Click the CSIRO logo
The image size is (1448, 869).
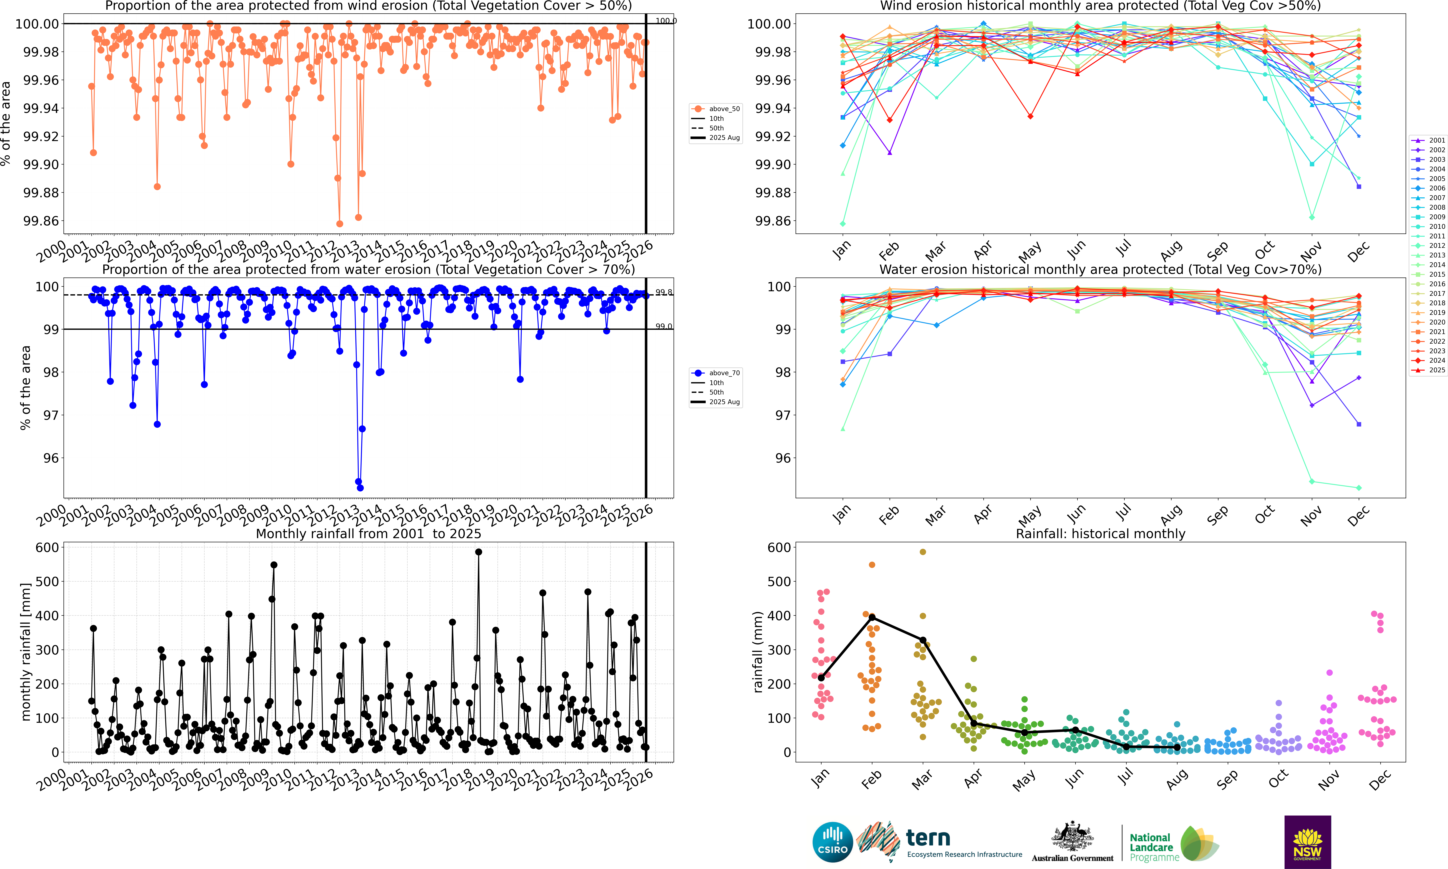click(x=832, y=842)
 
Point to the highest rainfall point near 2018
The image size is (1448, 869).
click(x=478, y=552)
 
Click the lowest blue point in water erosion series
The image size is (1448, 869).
click(x=360, y=488)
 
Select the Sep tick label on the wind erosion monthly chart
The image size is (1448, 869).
click(x=1217, y=251)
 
